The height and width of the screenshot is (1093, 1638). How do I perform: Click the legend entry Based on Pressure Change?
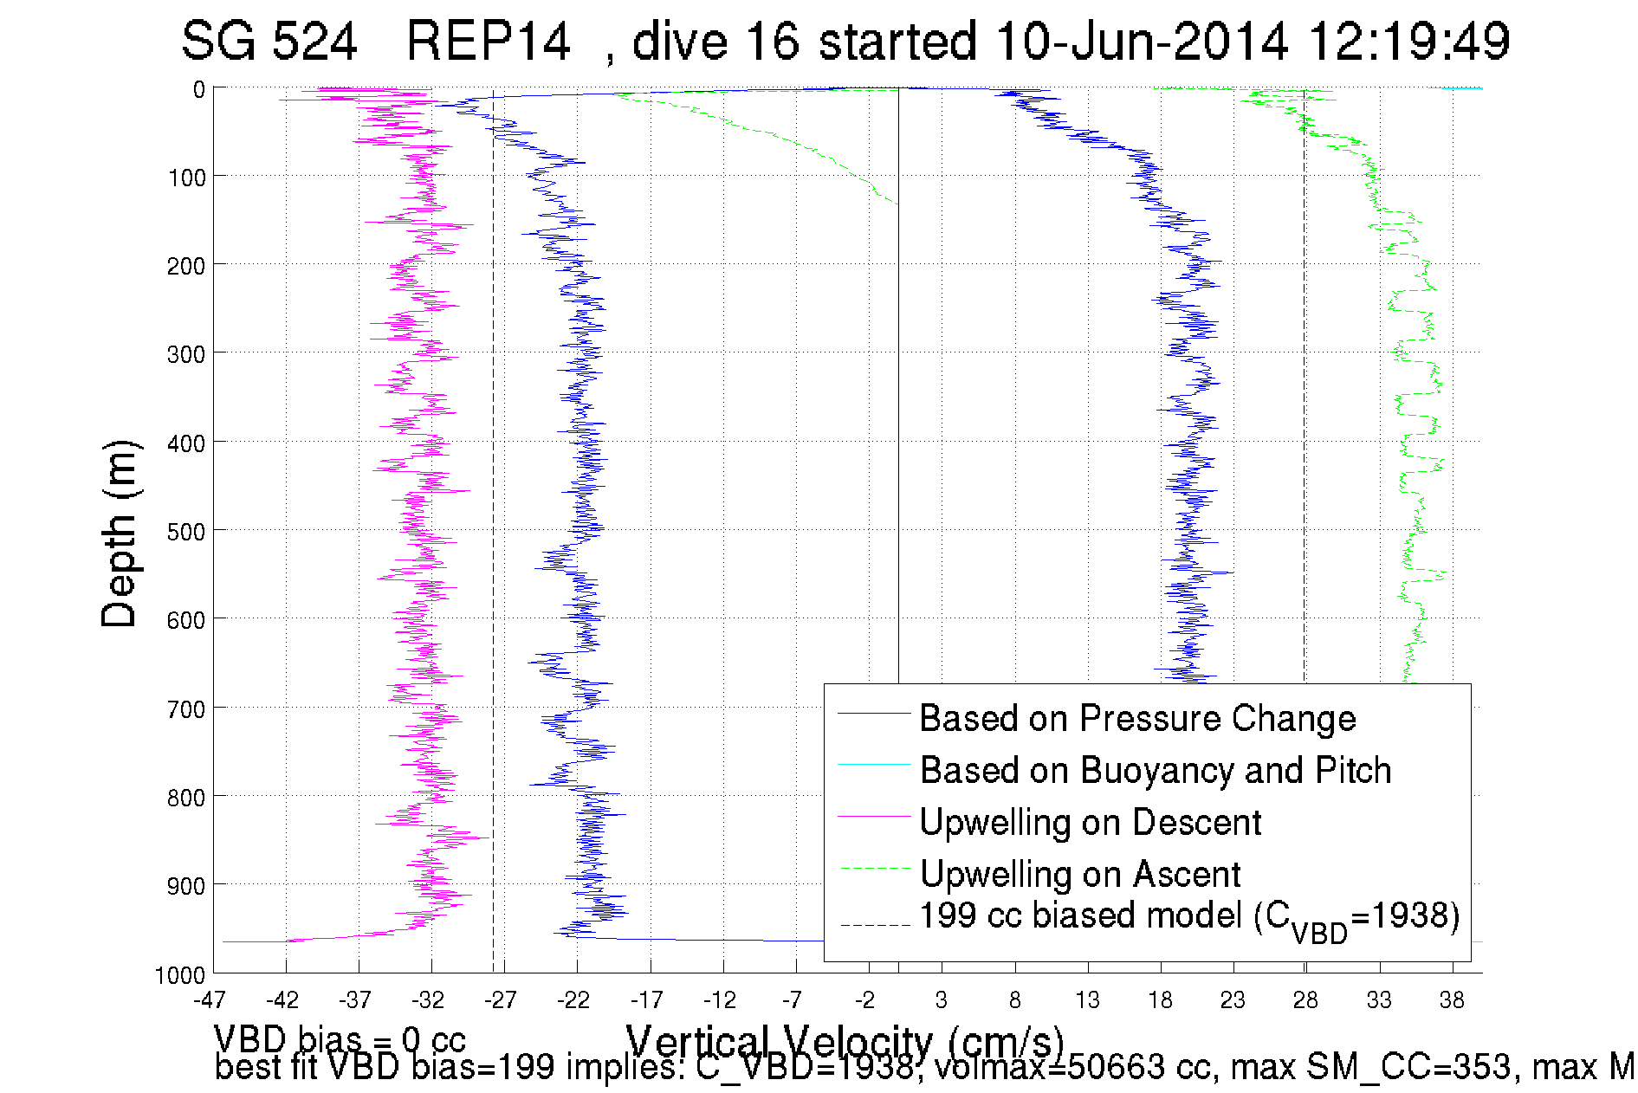(1136, 719)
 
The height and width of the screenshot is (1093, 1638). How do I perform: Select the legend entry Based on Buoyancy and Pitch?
(1155, 771)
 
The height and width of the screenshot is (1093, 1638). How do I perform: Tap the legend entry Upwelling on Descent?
(1090, 823)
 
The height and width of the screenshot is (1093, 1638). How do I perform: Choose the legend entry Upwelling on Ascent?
(1079, 875)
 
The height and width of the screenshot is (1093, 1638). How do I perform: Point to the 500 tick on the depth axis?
(185, 532)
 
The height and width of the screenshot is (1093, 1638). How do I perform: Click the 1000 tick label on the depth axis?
(180, 976)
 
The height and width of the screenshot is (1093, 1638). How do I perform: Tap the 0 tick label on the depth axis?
(199, 89)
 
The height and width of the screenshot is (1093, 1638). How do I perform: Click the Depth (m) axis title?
(119, 534)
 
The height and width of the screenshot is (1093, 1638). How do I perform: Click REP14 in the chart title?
(488, 41)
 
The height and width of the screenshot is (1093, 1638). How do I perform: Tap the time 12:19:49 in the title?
(1408, 41)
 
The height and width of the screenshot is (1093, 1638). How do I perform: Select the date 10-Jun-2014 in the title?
(1141, 41)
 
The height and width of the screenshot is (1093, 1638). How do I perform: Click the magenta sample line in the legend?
(874, 816)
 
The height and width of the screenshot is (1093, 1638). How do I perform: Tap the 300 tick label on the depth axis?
(185, 354)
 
